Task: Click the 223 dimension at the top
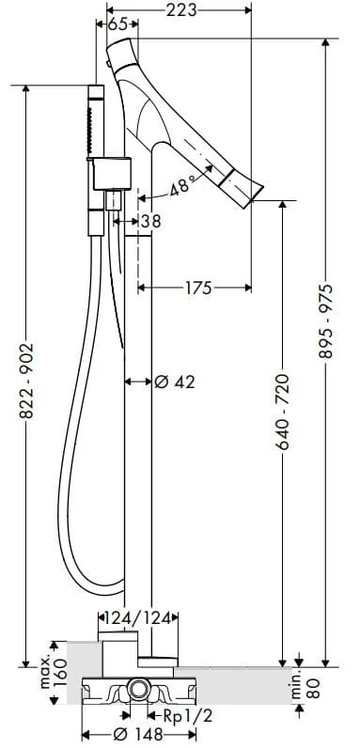pos(181,9)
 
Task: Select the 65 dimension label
pos(117,24)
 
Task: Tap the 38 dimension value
pos(151,221)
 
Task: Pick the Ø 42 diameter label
pos(175,382)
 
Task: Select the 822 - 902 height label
pos(26,382)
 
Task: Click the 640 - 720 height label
pos(283,413)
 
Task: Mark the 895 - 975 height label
pos(326,321)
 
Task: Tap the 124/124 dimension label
pos(137,618)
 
